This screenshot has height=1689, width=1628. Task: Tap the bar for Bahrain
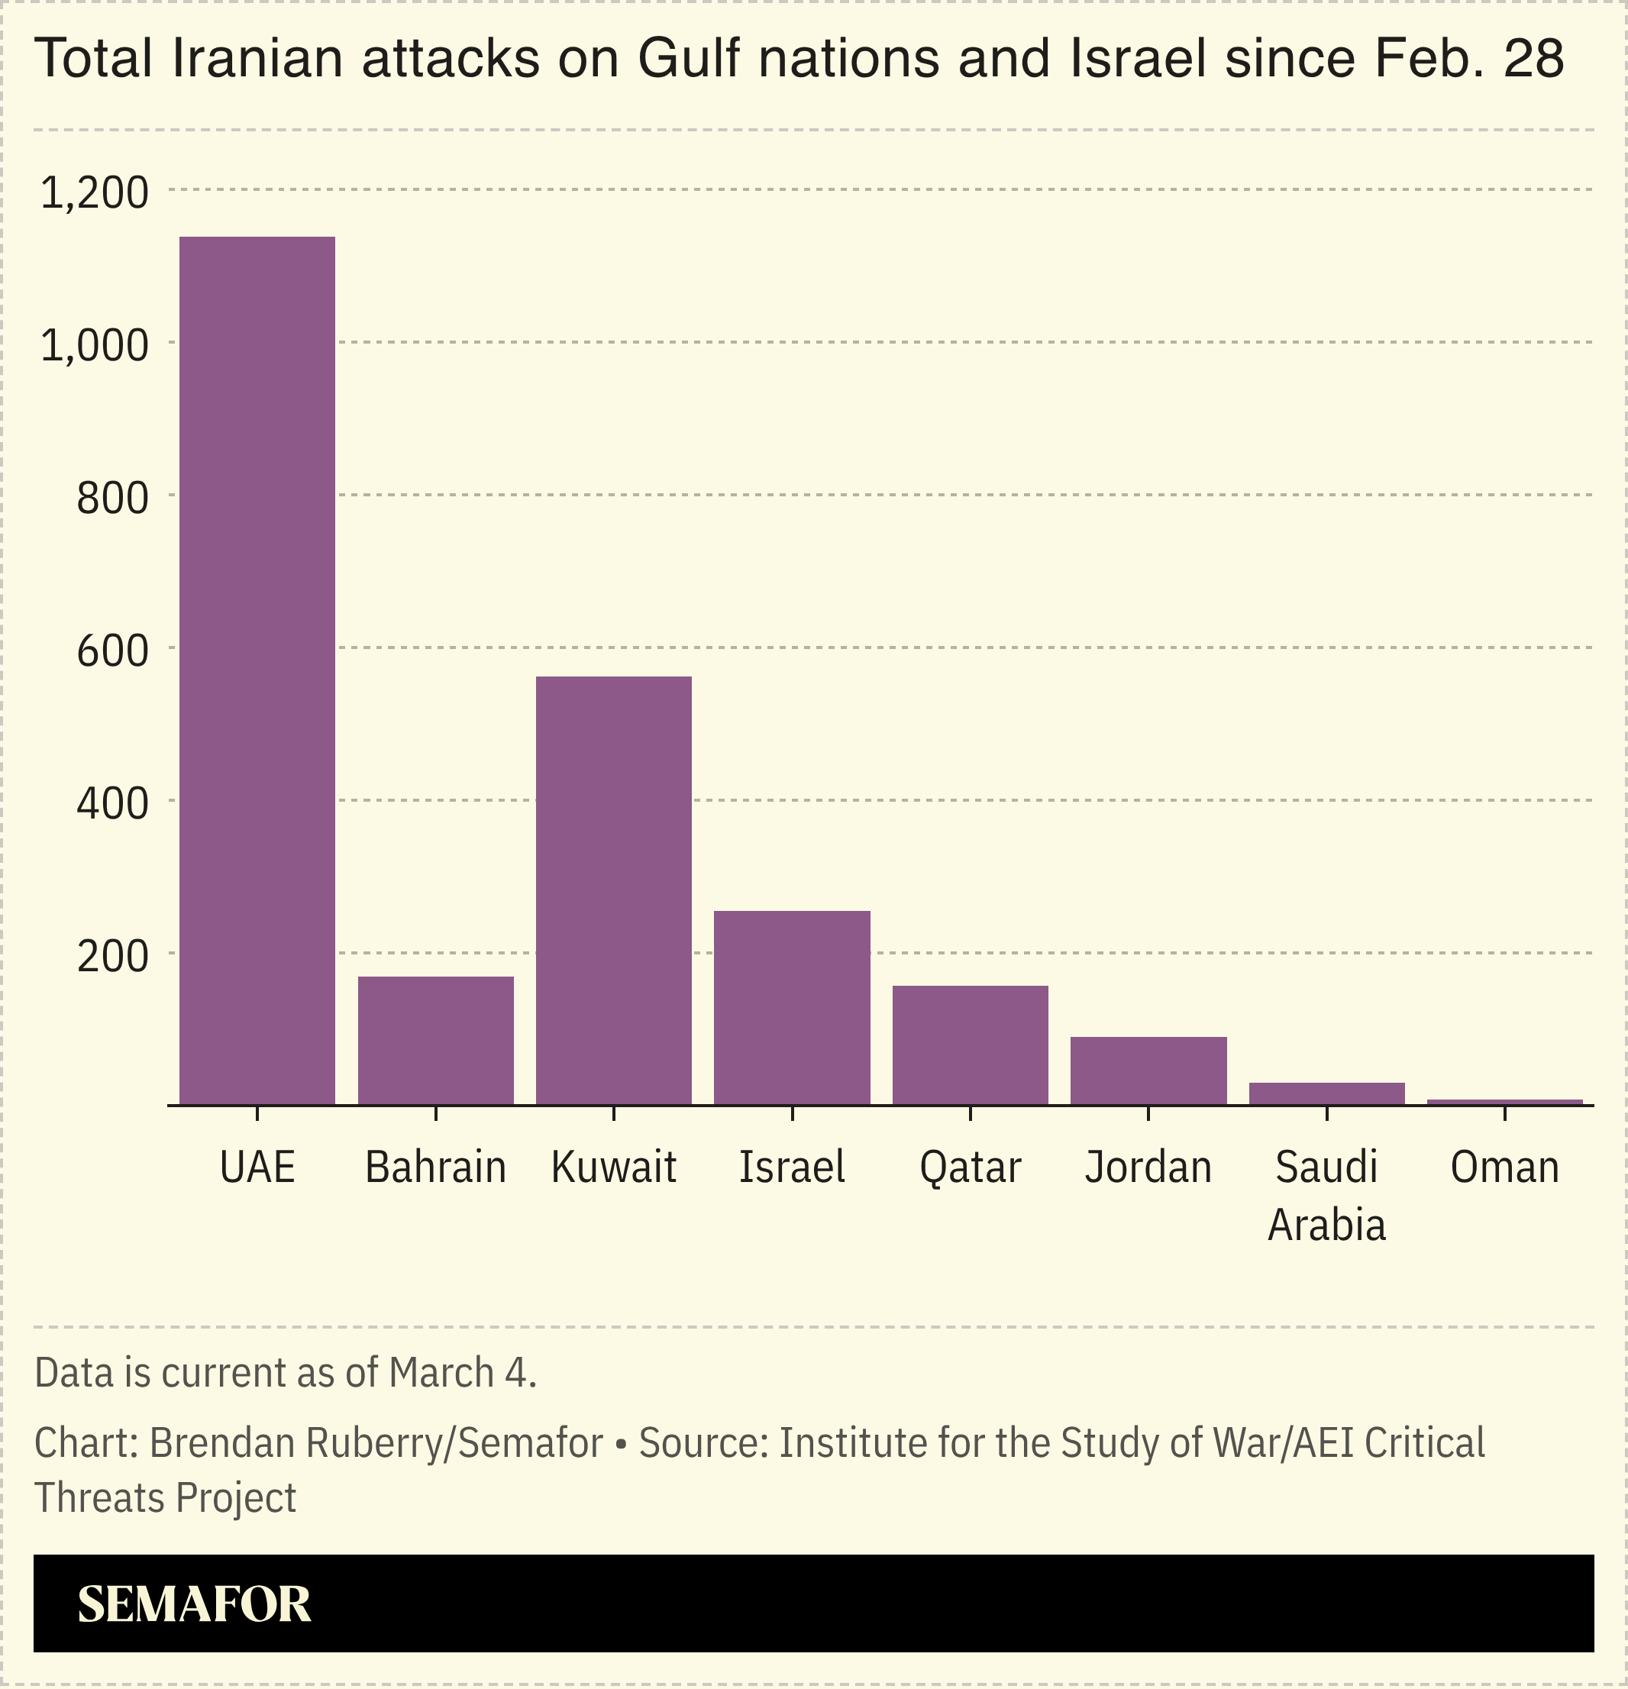click(435, 1040)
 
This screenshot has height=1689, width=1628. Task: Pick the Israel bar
click(792, 1007)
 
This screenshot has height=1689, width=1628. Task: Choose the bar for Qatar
click(970, 1045)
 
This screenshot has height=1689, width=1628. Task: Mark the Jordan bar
click(1148, 1071)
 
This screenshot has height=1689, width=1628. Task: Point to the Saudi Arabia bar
click(1326, 1093)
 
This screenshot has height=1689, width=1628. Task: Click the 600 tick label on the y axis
click(112, 651)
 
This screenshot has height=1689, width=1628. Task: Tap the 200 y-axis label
click(112, 957)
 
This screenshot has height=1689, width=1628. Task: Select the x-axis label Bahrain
click(435, 1167)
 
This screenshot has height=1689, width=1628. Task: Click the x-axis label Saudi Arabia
click(1326, 1196)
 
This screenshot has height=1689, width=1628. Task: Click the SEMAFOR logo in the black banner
click(194, 1603)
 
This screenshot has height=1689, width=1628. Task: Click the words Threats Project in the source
click(166, 1497)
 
